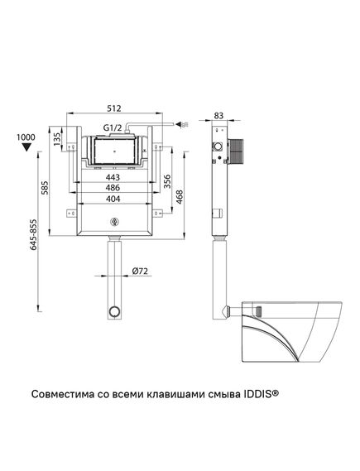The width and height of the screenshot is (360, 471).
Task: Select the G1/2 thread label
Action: click(113, 128)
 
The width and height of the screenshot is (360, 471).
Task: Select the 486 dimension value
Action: click(114, 189)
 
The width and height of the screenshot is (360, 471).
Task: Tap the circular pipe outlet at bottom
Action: click(114, 312)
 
